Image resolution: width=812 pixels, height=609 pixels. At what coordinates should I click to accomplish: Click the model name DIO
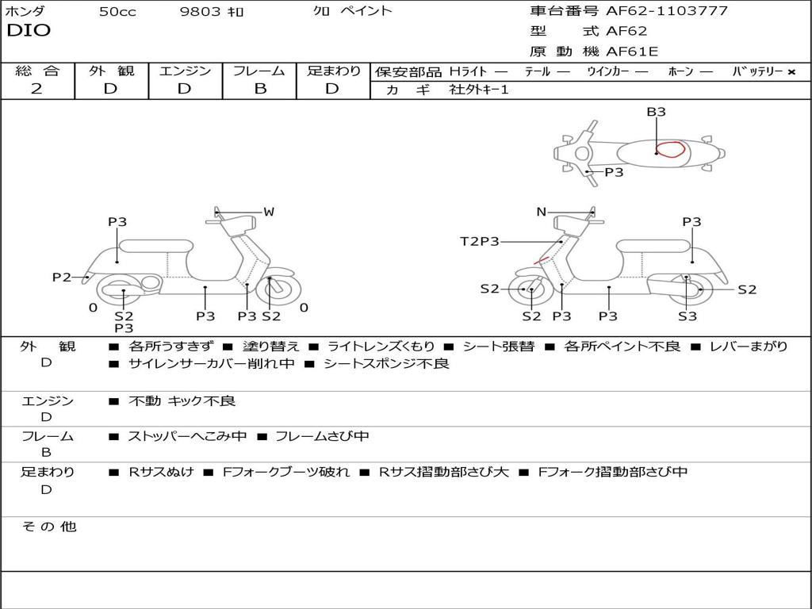pyautogui.click(x=29, y=31)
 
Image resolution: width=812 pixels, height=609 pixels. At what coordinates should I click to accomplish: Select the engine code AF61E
pyautogui.click(x=632, y=52)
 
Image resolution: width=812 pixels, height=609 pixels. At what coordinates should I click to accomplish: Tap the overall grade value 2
pyautogui.click(x=36, y=88)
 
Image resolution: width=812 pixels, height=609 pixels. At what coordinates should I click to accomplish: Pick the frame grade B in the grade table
pyautogui.click(x=259, y=88)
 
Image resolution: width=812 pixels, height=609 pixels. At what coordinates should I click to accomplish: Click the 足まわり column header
pyautogui.click(x=333, y=71)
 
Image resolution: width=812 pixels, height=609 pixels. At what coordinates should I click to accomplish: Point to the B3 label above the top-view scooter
pyautogui.click(x=656, y=112)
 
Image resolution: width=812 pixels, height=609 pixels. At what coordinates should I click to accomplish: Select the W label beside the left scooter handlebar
pyautogui.click(x=269, y=212)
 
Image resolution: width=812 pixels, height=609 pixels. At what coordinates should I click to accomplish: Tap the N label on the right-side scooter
pyautogui.click(x=542, y=212)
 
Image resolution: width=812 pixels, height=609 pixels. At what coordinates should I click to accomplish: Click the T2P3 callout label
pyautogui.click(x=480, y=241)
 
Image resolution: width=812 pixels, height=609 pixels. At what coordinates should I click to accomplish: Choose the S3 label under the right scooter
pyautogui.click(x=688, y=316)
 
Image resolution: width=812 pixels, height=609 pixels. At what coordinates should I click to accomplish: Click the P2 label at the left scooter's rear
pyautogui.click(x=62, y=277)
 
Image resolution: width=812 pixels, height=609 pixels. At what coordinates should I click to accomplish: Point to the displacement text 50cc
pyautogui.click(x=117, y=12)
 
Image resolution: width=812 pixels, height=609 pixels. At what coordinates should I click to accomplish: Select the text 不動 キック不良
pyautogui.click(x=182, y=401)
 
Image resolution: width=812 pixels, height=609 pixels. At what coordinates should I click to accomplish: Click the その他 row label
pyautogui.click(x=48, y=527)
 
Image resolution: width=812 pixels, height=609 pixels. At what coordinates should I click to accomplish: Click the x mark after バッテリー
pyautogui.click(x=791, y=71)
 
